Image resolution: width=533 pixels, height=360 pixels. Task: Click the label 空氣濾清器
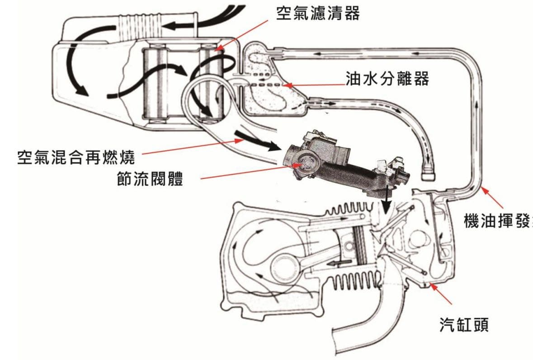(x=318, y=13)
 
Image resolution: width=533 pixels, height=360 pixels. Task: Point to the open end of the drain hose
(x=427, y=172)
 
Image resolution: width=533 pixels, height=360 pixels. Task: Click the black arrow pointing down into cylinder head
(x=385, y=206)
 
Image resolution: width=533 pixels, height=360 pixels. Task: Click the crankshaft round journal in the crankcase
(x=284, y=266)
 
